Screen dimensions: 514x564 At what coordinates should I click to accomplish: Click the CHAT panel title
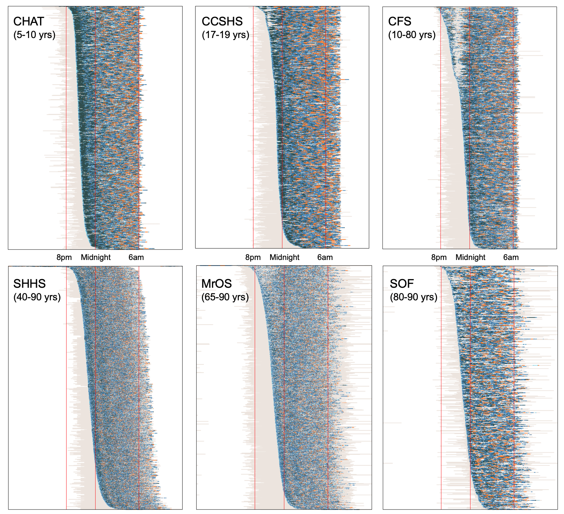(28, 21)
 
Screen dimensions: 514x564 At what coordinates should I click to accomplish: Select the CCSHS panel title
(222, 21)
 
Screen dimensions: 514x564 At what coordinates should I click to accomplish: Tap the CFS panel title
(400, 21)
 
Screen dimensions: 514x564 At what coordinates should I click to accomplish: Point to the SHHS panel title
(29, 284)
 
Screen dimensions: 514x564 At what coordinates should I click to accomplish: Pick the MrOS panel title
(217, 284)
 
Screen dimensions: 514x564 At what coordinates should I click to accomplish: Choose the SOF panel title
(402, 284)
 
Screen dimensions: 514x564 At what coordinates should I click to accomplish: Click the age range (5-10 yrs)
(34, 35)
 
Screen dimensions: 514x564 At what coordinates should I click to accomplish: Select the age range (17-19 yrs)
(225, 35)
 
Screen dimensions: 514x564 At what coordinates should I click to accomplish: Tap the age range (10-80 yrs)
(412, 35)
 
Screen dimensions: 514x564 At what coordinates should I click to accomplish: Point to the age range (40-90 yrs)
(37, 297)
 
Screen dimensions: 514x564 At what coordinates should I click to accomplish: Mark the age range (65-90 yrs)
(225, 297)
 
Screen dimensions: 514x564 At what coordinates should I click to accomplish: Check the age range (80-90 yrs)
(414, 297)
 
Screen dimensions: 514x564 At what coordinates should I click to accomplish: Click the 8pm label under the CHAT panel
(64, 257)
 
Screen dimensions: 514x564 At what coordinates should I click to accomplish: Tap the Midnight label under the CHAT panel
(96, 257)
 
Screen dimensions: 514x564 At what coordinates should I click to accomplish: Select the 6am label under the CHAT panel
(136, 257)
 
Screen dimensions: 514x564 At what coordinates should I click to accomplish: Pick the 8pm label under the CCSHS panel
(253, 257)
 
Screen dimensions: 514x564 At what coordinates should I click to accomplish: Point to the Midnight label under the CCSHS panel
(285, 257)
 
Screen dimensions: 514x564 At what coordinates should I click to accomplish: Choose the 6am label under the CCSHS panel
(325, 257)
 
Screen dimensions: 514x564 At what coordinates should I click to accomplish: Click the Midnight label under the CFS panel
(470, 257)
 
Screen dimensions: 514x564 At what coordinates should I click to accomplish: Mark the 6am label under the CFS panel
(511, 257)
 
